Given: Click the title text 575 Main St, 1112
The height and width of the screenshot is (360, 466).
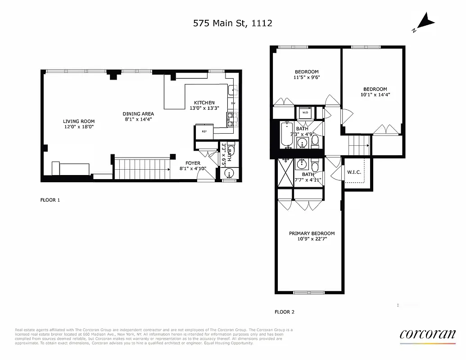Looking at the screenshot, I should tap(232, 23).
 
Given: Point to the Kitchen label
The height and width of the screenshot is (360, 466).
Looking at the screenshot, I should tap(204, 103).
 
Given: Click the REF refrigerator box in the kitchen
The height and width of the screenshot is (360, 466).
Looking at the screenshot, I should tap(204, 132).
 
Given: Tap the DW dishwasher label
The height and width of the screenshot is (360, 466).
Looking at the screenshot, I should tap(233, 103).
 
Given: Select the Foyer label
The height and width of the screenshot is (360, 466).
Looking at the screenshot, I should tap(193, 163).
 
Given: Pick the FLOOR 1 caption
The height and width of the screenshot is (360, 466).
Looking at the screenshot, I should tap(50, 200).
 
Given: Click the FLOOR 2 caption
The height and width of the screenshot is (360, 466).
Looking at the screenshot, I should tap(284, 311).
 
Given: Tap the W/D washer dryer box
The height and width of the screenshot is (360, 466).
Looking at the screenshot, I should tap(305, 112).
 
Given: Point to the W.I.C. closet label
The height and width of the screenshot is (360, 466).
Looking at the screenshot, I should tap(353, 172).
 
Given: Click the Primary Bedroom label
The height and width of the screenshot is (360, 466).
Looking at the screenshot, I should tap(312, 233).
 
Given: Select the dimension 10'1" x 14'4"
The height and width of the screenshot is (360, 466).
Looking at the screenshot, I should tap(375, 95).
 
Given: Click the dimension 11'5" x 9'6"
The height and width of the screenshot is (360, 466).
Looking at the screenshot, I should tap(307, 77).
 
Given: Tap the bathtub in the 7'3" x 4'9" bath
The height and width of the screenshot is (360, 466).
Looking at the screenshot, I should tap(287, 134).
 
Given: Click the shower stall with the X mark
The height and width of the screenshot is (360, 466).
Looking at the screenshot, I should tap(285, 171).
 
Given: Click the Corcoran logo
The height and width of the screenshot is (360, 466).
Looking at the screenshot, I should tap(427, 334).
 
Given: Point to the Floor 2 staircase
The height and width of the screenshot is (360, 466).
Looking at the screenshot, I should tap(359, 146).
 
